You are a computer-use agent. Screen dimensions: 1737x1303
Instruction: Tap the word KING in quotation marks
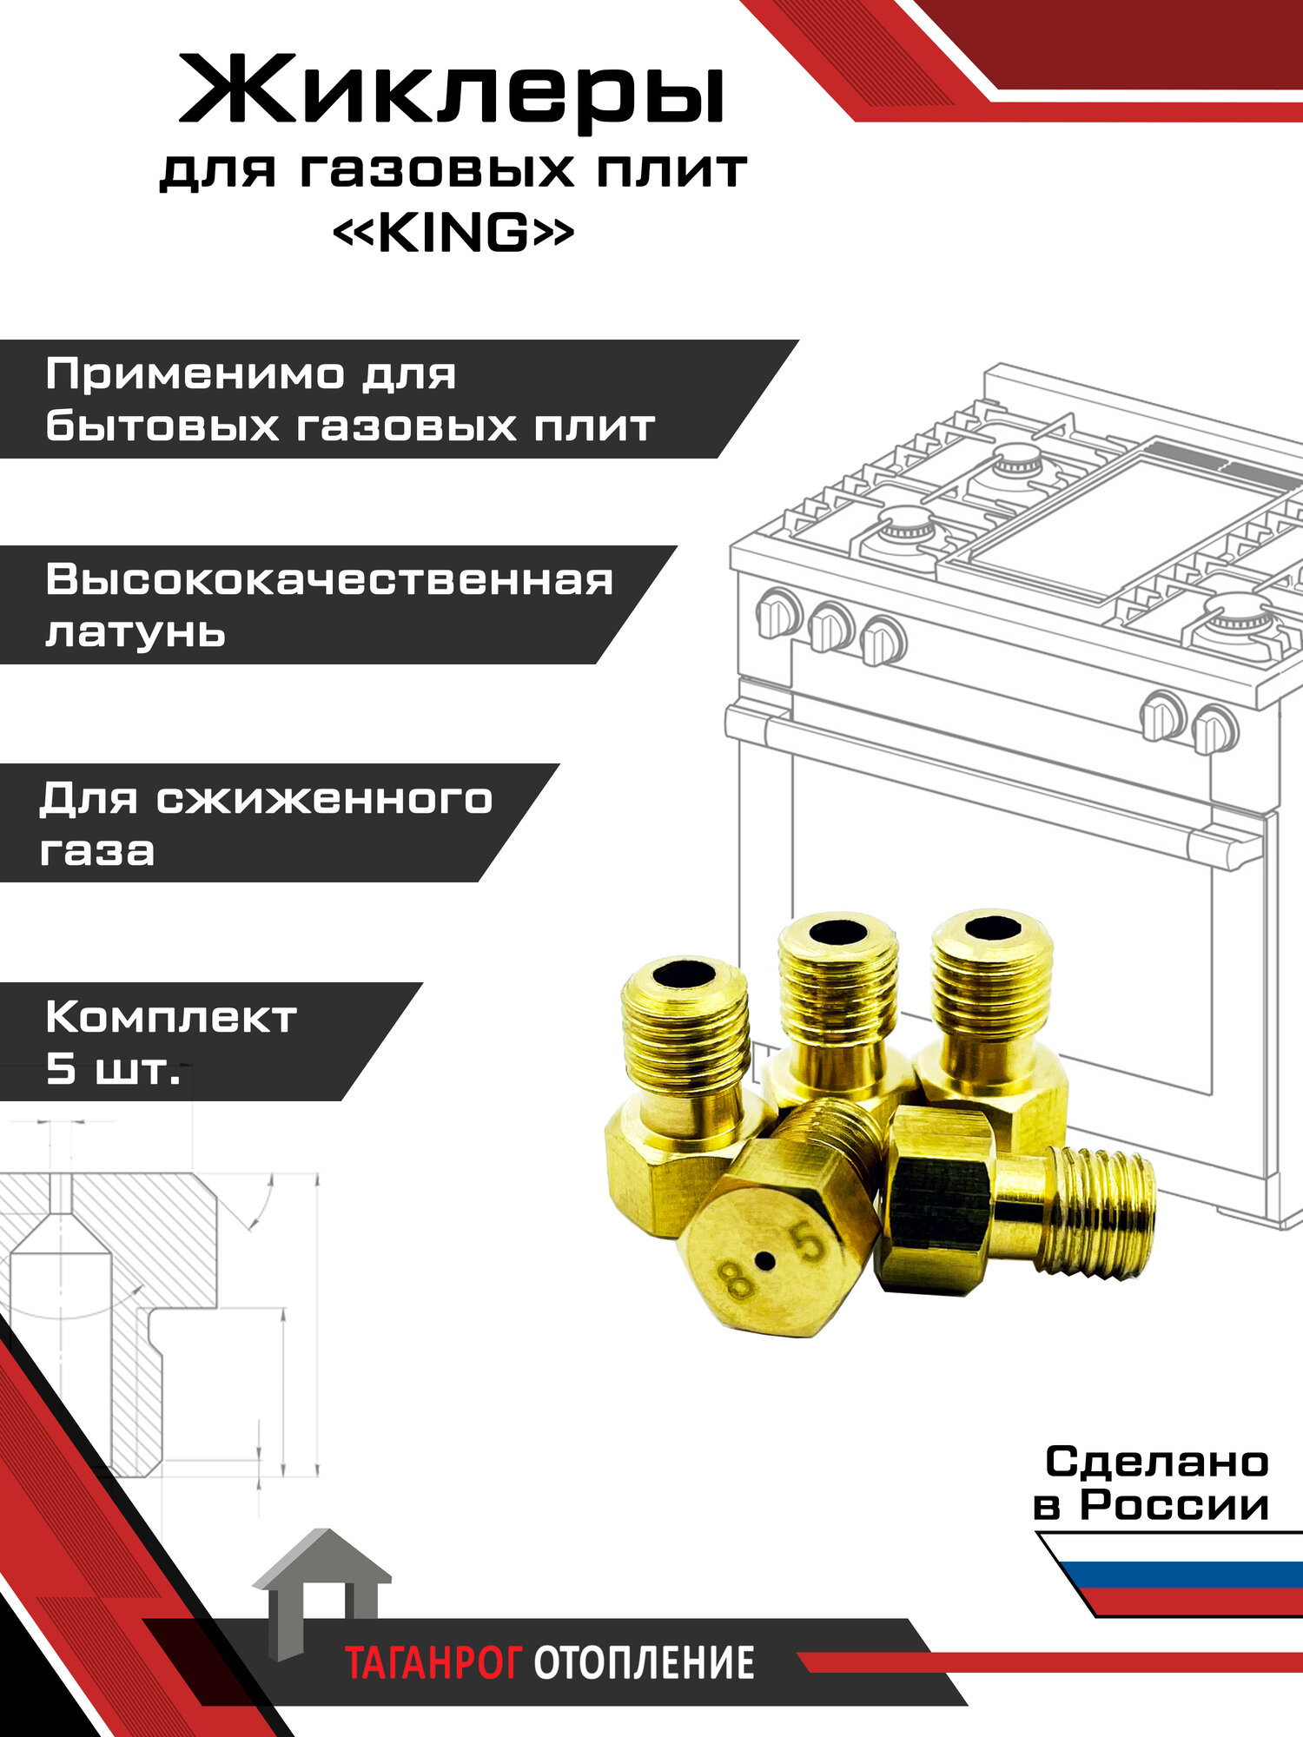click(453, 233)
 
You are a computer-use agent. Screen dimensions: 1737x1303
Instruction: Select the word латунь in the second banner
click(136, 633)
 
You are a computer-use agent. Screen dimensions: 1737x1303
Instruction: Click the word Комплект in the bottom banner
click(171, 1017)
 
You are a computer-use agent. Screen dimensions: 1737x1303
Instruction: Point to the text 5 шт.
click(113, 1069)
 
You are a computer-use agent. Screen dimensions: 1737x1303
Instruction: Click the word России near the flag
click(1174, 1505)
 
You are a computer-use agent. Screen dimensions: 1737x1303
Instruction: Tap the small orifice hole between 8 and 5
click(764, 1260)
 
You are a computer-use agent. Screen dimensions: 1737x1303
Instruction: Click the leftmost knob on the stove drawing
click(777, 612)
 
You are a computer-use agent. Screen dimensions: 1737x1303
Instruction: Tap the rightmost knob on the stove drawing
click(1214, 730)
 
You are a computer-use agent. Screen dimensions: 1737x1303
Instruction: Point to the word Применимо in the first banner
click(194, 375)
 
